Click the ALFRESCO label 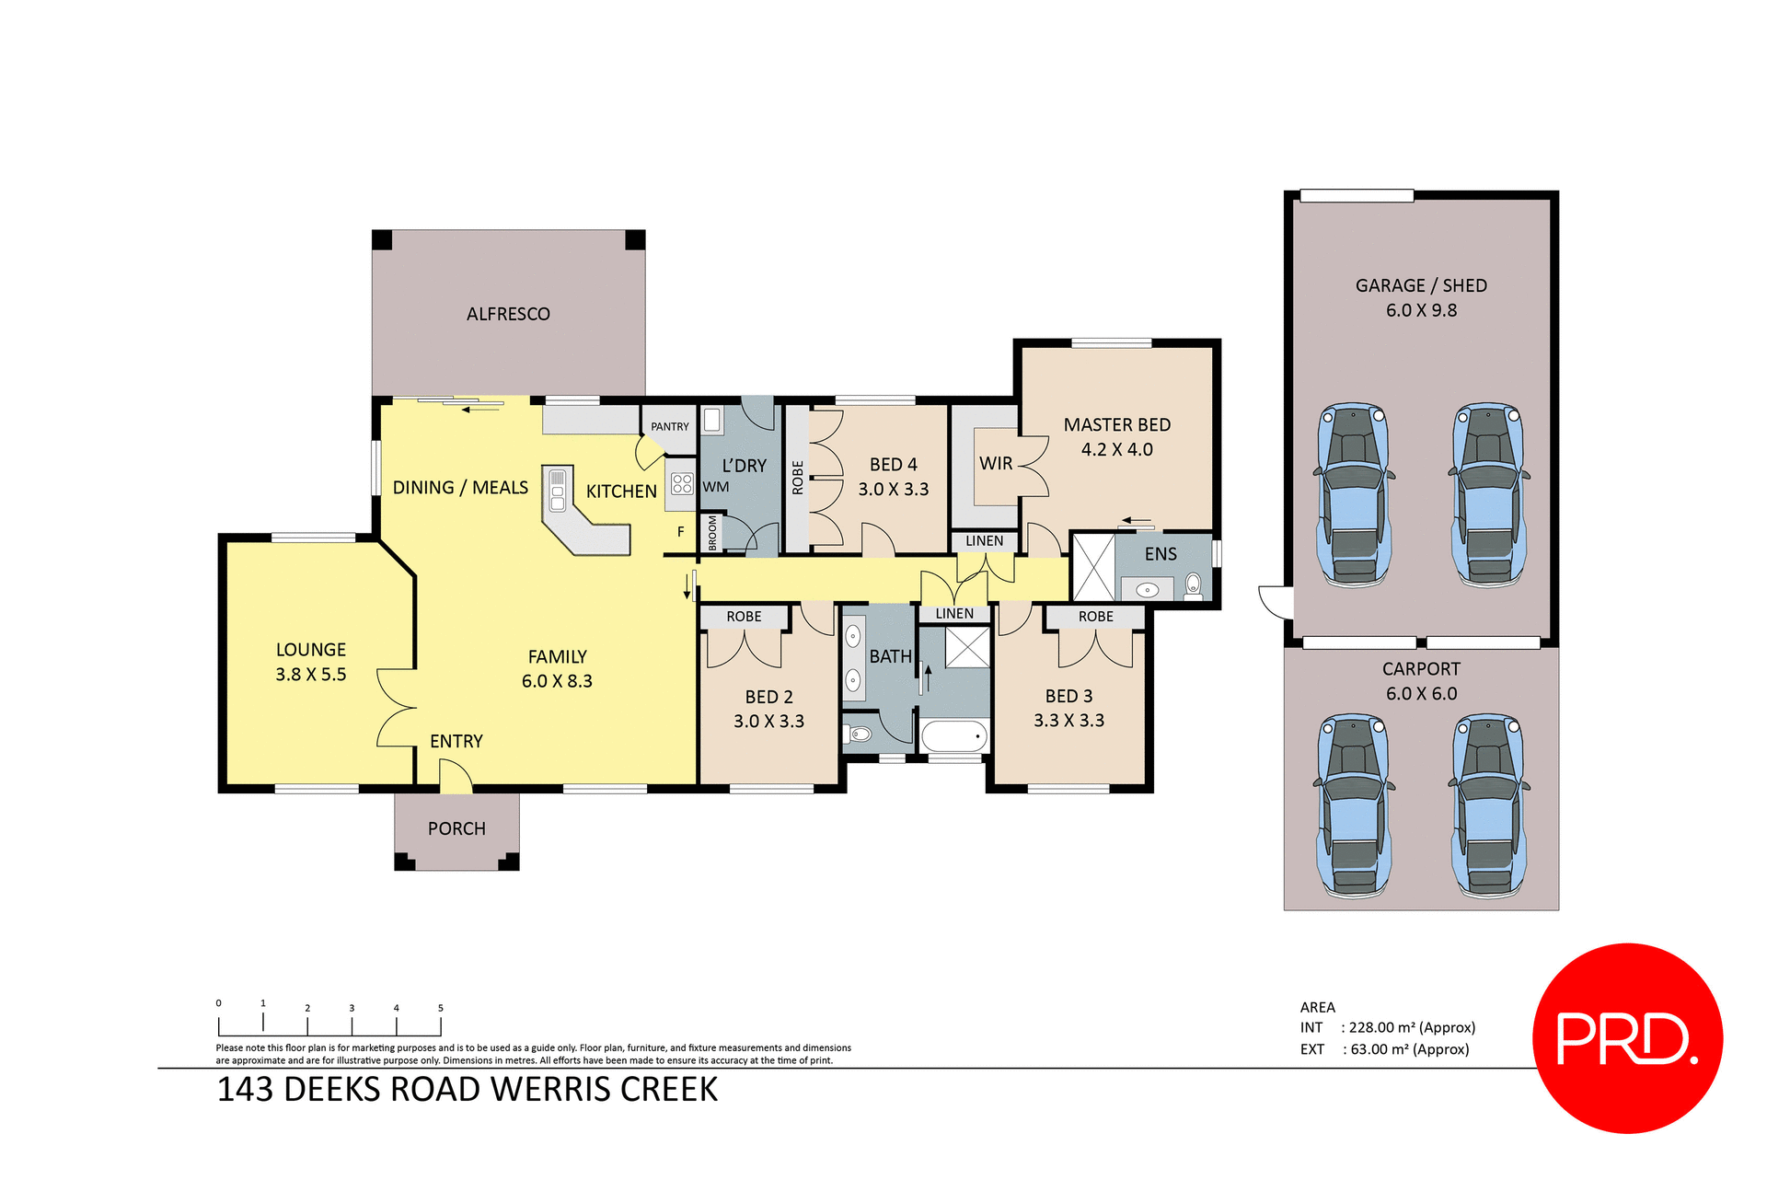pos(508,314)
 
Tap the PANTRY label pos(669,426)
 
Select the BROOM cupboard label pos(712,533)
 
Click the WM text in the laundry pos(715,487)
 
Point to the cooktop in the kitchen pos(682,483)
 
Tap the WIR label pos(996,463)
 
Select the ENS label pos(1161,554)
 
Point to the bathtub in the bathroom pos(953,736)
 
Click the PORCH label pos(456,828)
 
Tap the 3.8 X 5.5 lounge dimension pos(311,675)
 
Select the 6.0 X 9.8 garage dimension pos(1421,310)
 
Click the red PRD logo pos(1627,1038)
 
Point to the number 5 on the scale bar pos(441,1008)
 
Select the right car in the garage pos(1488,494)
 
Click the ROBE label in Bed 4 pos(797,478)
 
